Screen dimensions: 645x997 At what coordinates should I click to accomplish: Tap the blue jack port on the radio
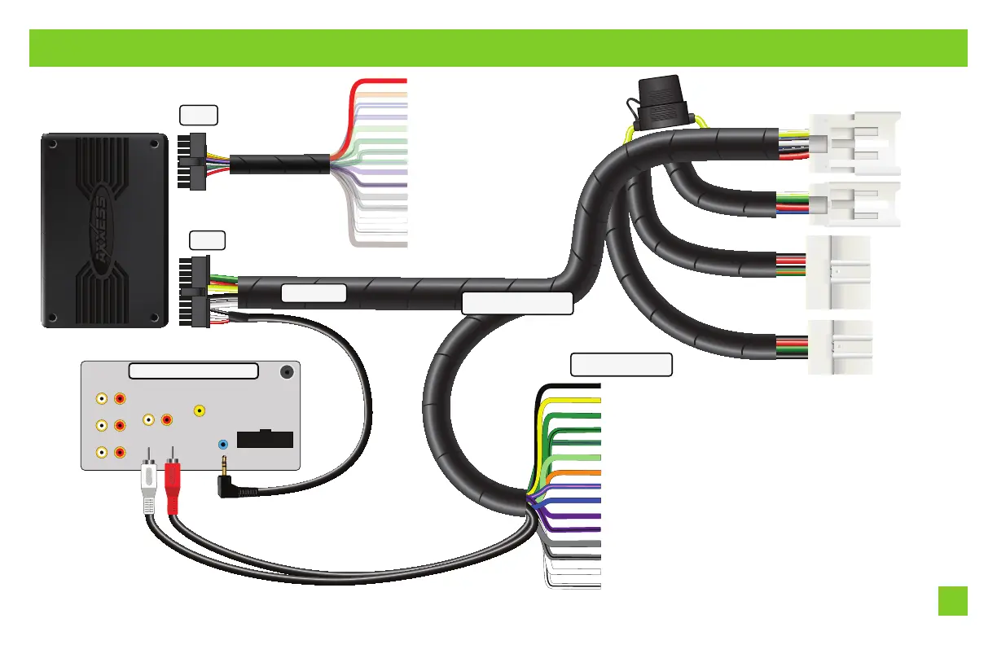pos(223,445)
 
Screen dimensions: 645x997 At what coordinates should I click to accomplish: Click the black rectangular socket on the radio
pos(265,439)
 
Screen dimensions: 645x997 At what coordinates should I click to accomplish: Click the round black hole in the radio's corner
pos(287,371)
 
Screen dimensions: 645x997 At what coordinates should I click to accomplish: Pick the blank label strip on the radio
pos(194,371)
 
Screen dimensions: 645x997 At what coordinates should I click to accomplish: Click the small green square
pos(952,601)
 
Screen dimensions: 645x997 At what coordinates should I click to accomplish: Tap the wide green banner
pos(498,48)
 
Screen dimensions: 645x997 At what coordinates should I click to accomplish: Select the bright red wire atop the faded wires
pos(383,81)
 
